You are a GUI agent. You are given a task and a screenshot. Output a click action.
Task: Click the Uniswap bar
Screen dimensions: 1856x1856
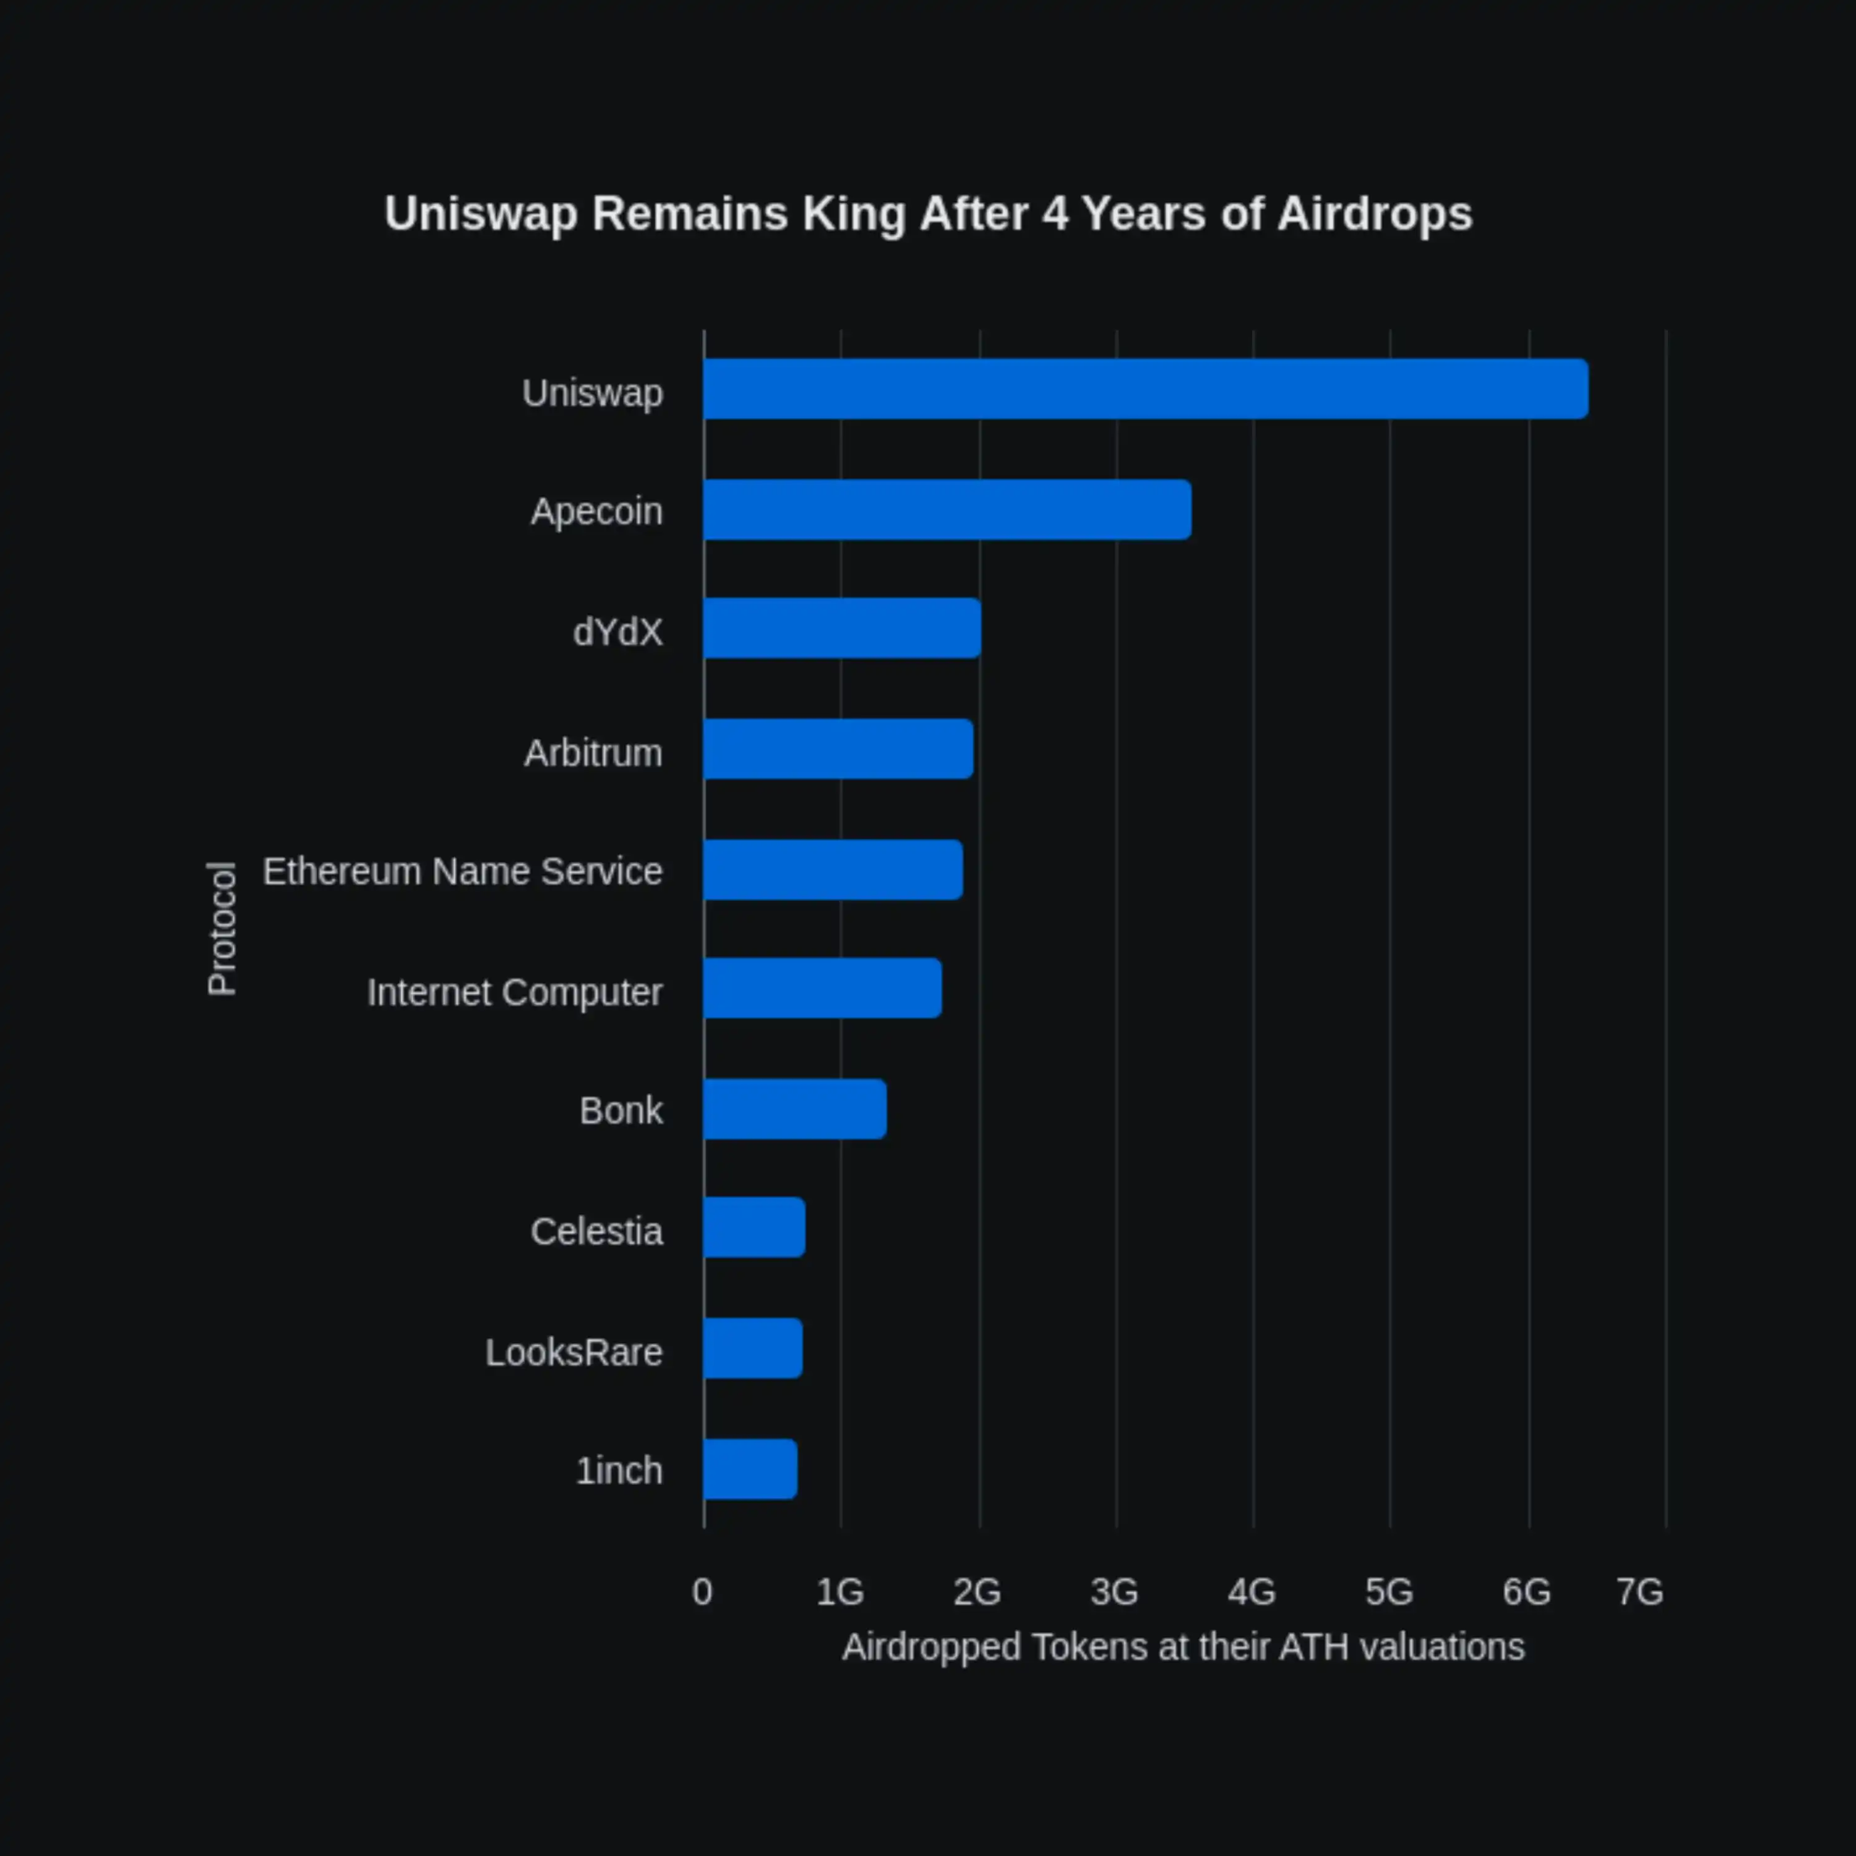click(1145, 389)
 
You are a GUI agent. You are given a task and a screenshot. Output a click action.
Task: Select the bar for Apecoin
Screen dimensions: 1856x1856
click(947, 510)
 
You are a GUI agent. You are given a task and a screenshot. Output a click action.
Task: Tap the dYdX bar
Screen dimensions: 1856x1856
click(841, 629)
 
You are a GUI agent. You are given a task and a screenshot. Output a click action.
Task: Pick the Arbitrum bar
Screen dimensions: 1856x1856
click(838, 749)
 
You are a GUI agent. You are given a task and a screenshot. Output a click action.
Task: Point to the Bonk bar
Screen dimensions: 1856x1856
click(794, 1109)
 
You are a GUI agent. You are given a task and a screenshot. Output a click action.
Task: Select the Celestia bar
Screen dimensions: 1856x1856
click(754, 1227)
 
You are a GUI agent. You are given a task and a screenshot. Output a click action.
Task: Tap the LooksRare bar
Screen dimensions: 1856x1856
click(752, 1349)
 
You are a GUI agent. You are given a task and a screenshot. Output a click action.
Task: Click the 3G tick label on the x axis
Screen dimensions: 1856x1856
click(1114, 1593)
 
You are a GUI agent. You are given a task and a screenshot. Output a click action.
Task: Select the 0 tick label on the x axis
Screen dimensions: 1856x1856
click(702, 1593)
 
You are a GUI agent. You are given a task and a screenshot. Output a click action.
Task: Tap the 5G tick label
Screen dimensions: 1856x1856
click(1389, 1593)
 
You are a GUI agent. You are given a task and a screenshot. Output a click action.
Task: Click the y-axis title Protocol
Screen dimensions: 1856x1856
click(222, 928)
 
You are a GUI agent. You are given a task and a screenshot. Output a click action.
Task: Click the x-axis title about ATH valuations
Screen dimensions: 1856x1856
click(1182, 1648)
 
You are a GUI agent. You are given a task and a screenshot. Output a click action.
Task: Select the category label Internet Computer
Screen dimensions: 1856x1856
click(514, 992)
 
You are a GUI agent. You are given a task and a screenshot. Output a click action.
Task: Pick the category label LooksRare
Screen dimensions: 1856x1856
click(574, 1352)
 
